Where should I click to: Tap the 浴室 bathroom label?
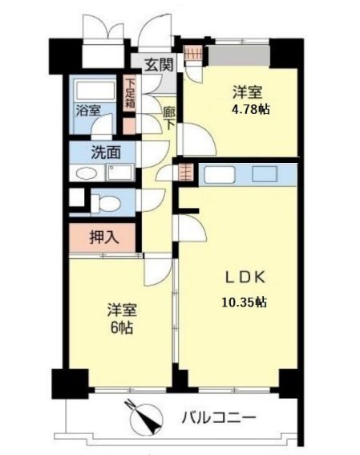pos(89,111)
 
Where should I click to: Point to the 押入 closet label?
pos(104,238)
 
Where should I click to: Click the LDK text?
pos(245,277)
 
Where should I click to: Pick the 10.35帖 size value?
pos(244,303)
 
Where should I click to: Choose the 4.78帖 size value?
pos(250,110)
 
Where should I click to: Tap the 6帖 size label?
pos(122,327)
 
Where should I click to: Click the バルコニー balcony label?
pos(219,418)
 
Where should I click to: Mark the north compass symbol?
pos(147,417)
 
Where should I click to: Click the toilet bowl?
pos(106,203)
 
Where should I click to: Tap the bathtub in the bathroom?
pos(95,91)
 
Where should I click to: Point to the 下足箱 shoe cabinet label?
pos(130,93)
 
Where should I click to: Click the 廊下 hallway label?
pos(168,119)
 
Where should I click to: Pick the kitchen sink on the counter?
pos(220,174)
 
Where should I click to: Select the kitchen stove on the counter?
pos(265,174)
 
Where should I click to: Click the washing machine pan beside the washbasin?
pos(120,173)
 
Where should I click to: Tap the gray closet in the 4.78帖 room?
pos(239,55)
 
